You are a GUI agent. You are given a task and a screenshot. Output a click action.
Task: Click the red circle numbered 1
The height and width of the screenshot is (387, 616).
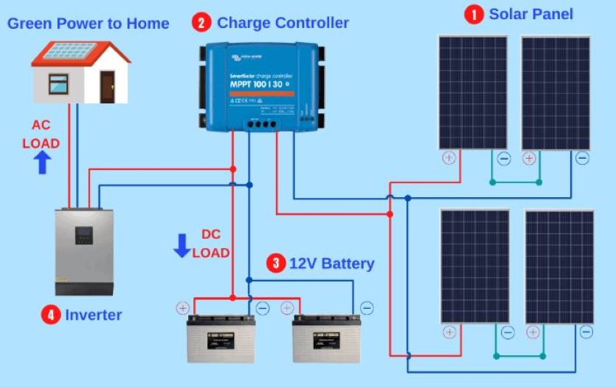(x=474, y=14)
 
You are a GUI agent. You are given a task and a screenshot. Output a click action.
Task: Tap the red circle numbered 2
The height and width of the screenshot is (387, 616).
(x=201, y=23)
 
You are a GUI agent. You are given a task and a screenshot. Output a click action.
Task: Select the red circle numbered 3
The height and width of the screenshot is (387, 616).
(x=275, y=264)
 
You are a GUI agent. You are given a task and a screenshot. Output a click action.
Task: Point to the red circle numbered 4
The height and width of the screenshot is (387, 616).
(x=50, y=315)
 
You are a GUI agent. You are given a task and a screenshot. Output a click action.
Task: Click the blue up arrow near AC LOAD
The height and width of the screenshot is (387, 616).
(x=43, y=162)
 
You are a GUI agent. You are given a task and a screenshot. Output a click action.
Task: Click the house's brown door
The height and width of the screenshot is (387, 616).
(x=108, y=86)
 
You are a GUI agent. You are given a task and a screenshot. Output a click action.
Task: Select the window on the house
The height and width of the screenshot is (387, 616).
(x=58, y=83)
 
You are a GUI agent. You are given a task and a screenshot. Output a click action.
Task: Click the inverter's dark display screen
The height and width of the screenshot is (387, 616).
(x=84, y=236)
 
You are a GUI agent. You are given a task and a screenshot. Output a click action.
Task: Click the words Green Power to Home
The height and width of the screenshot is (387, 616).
(x=88, y=24)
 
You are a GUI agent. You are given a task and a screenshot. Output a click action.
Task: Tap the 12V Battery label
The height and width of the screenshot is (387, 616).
(x=331, y=264)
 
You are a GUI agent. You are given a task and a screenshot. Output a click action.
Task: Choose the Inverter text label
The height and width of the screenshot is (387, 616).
(x=94, y=315)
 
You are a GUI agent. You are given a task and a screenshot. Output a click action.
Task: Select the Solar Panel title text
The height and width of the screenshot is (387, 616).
(x=531, y=14)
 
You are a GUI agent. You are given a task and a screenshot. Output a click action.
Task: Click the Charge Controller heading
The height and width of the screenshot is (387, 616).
(x=283, y=23)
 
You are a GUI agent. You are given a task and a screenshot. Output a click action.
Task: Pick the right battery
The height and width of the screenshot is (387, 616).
(x=326, y=339)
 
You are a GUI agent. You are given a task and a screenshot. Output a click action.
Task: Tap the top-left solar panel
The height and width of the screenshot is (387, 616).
(x=473, y=92)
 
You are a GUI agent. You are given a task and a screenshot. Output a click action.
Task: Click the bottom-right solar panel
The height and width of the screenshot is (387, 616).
(x=559, y=267)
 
